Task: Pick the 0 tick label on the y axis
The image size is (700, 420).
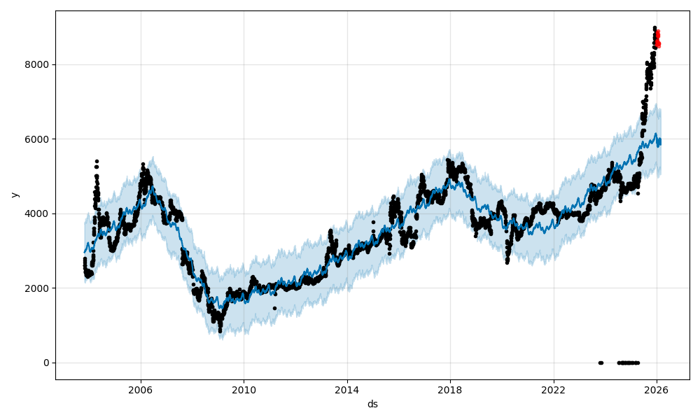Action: click(46, 363)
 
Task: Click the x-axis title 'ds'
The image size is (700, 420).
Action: click(372, 404)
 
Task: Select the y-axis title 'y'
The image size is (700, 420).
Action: click(14, 195)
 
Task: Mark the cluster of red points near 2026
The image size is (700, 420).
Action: click(657, 38)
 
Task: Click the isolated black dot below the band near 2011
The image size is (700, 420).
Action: click(274, 308)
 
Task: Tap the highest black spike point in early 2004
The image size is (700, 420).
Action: click(97, 161)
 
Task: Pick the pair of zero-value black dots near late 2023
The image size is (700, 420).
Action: click(601, 363)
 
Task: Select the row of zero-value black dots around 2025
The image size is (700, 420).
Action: click(628, 363)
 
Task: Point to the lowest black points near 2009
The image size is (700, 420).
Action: click(220, 329)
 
